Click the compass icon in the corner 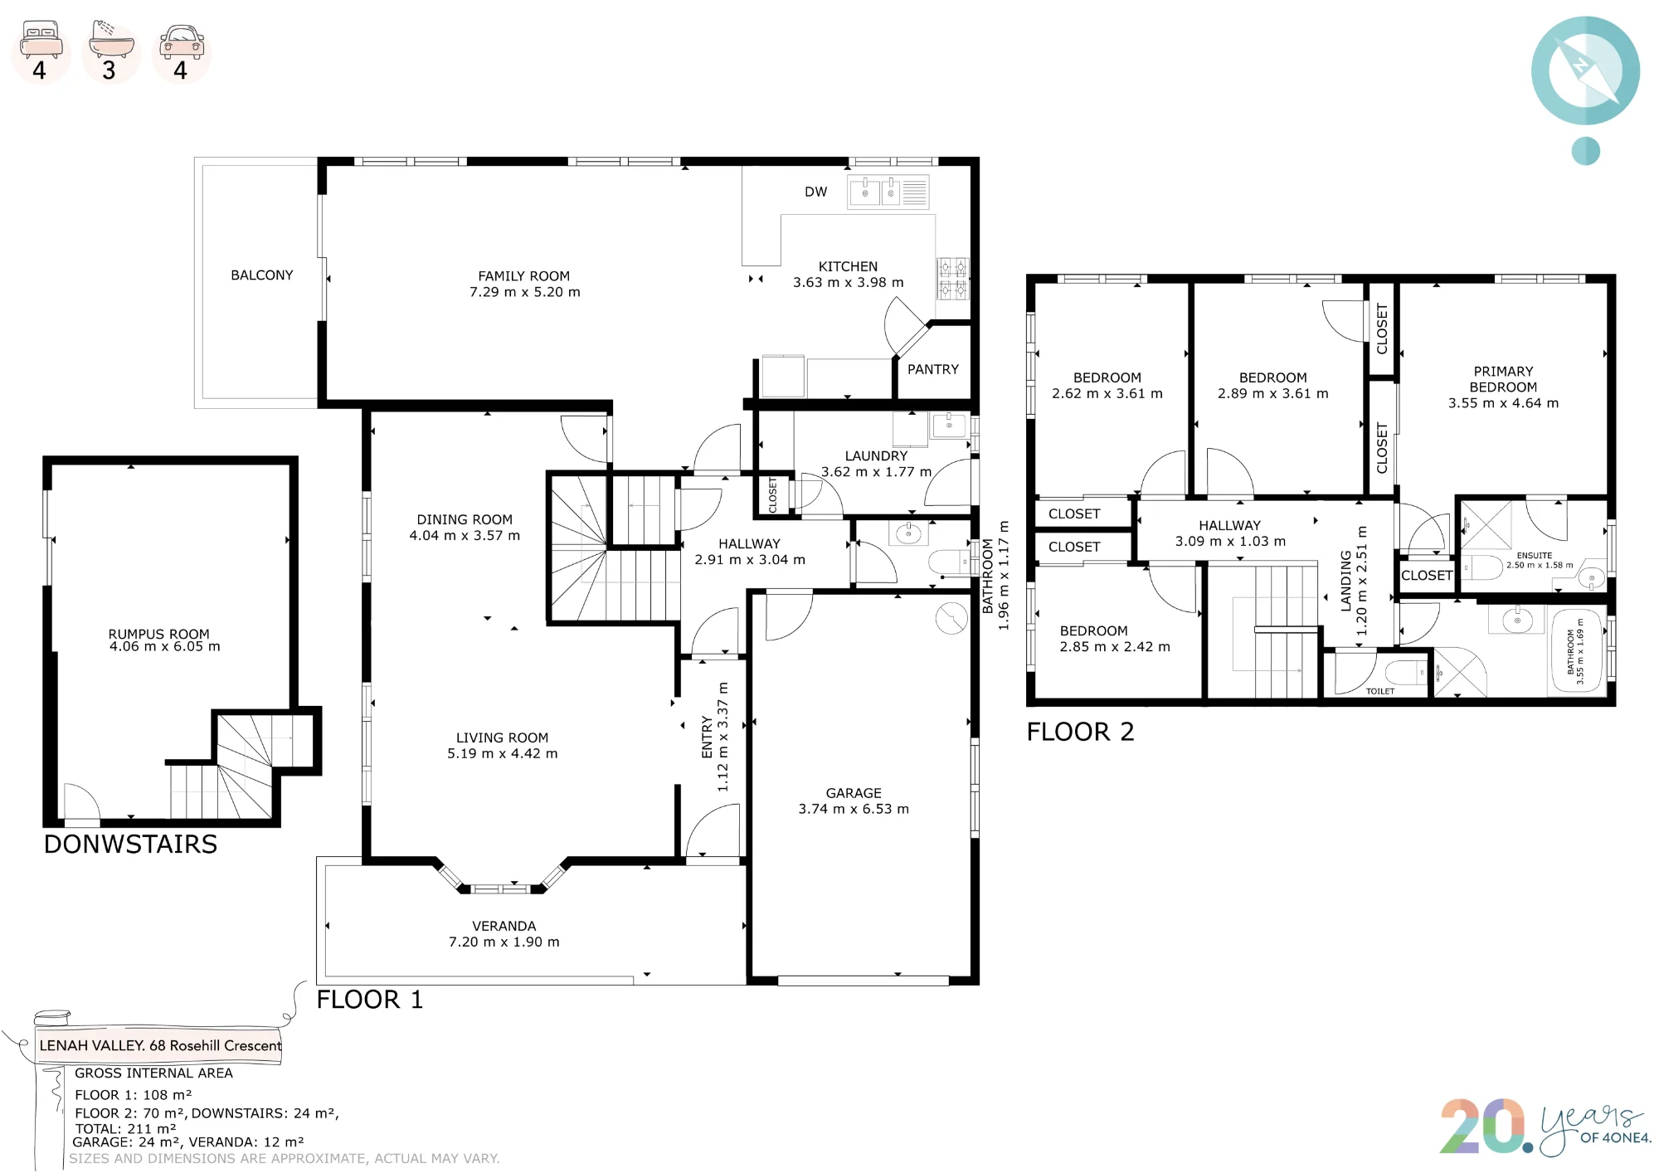(x=1585, y=71)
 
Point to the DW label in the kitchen (x=815, y=192)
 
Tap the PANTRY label (x=932, y=369)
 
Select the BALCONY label (x=262, y=275)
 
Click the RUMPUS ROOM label (x=158, y=634)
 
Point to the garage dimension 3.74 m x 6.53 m (x=854, y=809)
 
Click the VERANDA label (x=504, y=926)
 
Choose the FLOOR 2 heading (x=1080, y=732)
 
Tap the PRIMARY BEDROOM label (x=1503, y=379)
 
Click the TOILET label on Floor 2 (x=1380, y=691)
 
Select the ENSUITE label (x=1534, y=556)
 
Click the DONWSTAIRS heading (x=130, y=844)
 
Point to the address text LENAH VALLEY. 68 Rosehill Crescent (x=160, y=1045)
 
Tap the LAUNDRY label (x=876, y=455)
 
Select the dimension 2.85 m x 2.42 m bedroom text (x=1115, y=646)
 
